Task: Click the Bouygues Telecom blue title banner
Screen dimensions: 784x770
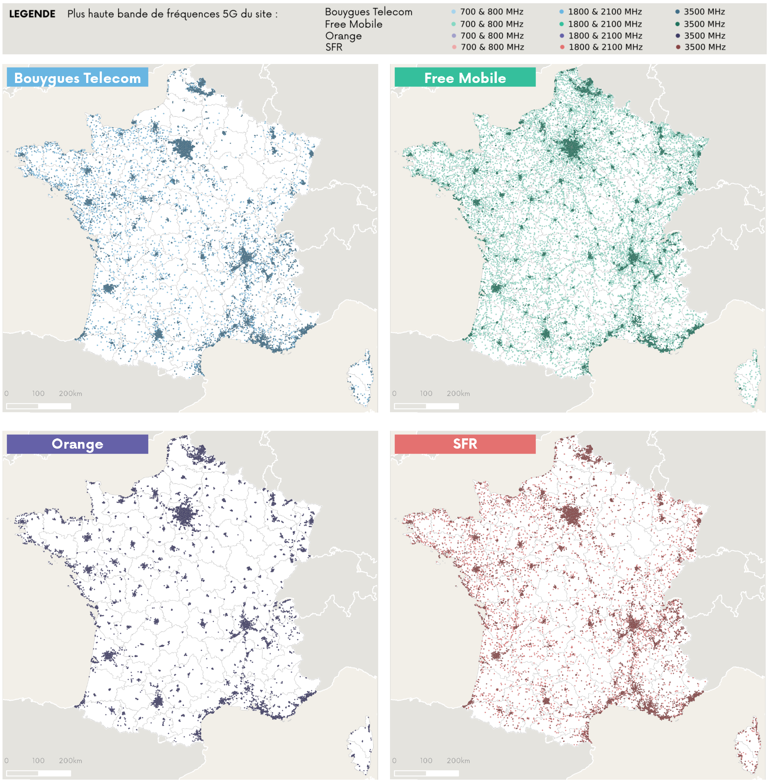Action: point(77,77)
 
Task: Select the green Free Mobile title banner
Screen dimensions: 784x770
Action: point(465,77)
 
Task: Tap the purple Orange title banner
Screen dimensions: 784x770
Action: point(77,444)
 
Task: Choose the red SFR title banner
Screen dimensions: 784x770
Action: point(465,444)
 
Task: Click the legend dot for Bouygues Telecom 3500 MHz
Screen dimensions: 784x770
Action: point(677,12)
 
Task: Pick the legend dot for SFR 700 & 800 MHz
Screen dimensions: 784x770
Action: point(454,47)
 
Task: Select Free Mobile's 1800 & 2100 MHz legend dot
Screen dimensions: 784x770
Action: point(561,24)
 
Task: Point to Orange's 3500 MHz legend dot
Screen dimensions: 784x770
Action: point(678,36)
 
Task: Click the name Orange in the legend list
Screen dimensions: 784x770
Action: point(343,36)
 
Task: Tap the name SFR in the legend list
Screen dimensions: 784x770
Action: point(334,47)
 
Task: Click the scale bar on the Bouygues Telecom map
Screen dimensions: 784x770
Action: point(38,406)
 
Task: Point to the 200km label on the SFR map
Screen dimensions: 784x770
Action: point(458,760)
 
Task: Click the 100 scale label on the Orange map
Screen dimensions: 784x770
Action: point(38,760)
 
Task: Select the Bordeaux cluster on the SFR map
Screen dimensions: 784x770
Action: point(496,655)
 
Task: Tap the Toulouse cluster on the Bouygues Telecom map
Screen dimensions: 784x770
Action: point(158,334)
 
